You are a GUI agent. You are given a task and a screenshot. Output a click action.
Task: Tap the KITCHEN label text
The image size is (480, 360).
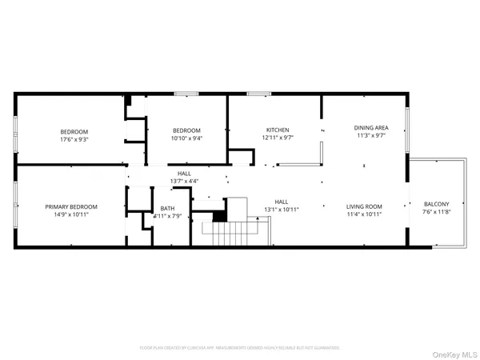tap(278, 130)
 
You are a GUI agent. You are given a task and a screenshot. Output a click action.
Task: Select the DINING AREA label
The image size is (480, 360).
tap(371, 127)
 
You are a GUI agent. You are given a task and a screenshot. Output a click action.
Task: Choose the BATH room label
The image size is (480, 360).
tap(167, 208)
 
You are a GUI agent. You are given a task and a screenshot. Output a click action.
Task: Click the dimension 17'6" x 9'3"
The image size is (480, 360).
tap(74, 139)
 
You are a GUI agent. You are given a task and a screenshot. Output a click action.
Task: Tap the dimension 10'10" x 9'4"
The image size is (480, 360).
tap(186, 139)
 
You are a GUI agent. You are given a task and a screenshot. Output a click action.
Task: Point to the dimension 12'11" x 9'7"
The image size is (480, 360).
tap(278, 138)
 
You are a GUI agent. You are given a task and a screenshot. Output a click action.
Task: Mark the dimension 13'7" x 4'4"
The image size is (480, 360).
tap(184, 182)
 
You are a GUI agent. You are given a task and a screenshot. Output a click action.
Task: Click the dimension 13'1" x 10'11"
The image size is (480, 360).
tap(282, 210)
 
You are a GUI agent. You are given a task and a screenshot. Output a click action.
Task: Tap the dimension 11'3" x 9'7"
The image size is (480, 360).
tap(371, 135)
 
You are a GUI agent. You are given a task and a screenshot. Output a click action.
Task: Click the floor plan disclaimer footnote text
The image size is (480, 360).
tap(239, 348)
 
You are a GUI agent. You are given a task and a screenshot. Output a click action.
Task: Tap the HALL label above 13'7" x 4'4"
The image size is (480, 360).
tap(184, 174)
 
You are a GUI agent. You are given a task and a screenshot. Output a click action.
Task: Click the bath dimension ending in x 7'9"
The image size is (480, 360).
tap(166, 216)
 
